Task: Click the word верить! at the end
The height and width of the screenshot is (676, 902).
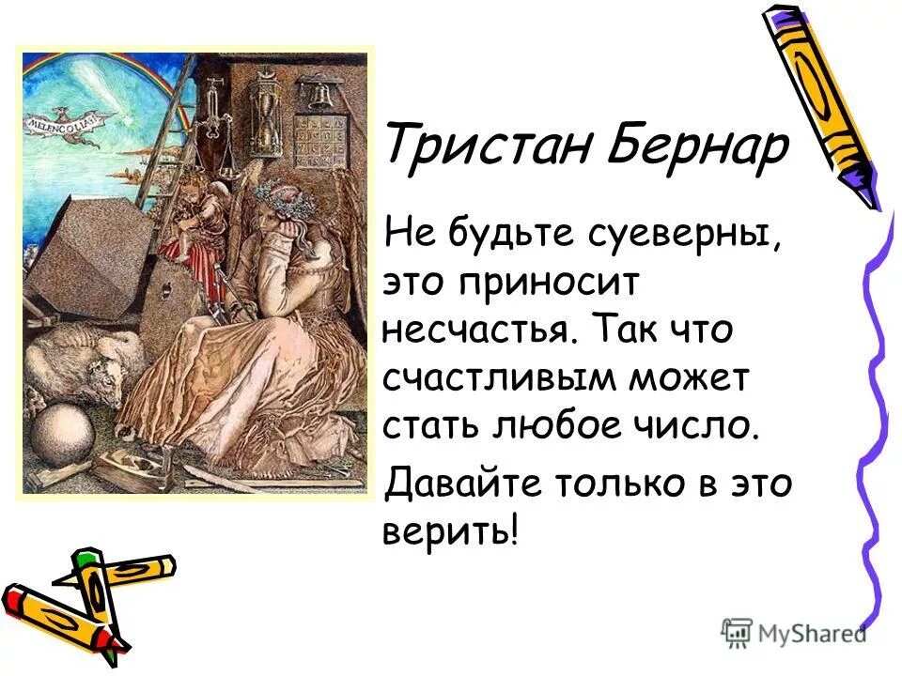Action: click(450, 533)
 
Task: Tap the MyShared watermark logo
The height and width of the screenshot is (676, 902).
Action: click(794, 633)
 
